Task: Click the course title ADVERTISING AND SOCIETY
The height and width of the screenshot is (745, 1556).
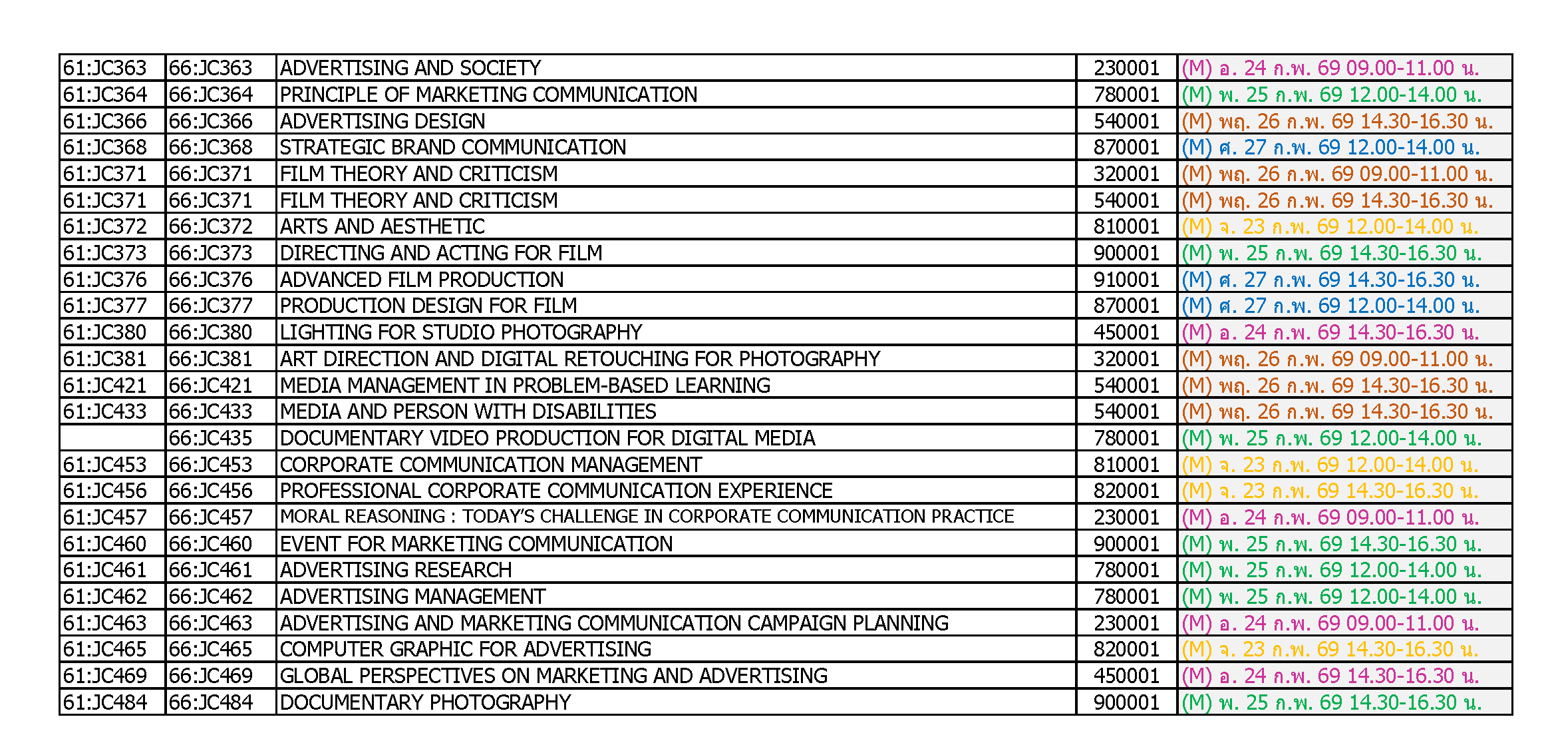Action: [410, 68]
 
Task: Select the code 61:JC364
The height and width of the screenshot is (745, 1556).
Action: [104, 95]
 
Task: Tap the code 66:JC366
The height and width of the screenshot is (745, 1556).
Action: [210, 121]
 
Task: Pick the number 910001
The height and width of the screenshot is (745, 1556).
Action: [1126, 280]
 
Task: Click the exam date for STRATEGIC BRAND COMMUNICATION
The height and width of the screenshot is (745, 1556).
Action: [1330, 147]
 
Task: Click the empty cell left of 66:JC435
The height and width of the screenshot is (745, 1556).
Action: [112, 438]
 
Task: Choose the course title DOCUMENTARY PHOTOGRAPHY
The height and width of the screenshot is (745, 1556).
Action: [425, 702]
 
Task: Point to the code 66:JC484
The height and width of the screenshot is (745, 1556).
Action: [210, 702]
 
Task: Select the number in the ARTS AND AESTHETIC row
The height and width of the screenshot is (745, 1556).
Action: [1126, 227]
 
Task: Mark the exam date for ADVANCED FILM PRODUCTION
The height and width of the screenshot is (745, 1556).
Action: [1330, 280]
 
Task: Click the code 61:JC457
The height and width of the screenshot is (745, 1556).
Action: [104, 517]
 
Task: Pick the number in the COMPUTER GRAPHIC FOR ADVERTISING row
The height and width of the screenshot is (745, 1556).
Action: [1126, 649]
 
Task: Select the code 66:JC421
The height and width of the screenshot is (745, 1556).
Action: [210, 385]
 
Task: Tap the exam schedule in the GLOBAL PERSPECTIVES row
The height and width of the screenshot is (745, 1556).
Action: [1330, 676]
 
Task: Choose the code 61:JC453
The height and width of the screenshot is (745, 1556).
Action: [104, 465]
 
